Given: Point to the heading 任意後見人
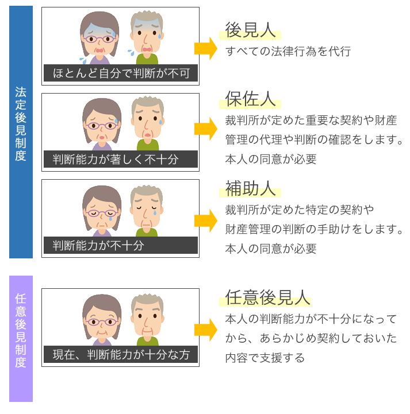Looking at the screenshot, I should pyautogui.click(x=265, y=297).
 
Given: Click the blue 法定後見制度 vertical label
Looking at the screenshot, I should pyautogui.click(x=21, y=124).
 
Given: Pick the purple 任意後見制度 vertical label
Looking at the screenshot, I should pyautogui.click(x=21, y=330).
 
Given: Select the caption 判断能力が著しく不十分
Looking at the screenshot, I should pyautogui.click(x=115, y=160).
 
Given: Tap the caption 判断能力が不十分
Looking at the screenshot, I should pyautogui.click(x=98, y=246).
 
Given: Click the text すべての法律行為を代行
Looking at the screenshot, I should pyautogui.click(x=288, y=52).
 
